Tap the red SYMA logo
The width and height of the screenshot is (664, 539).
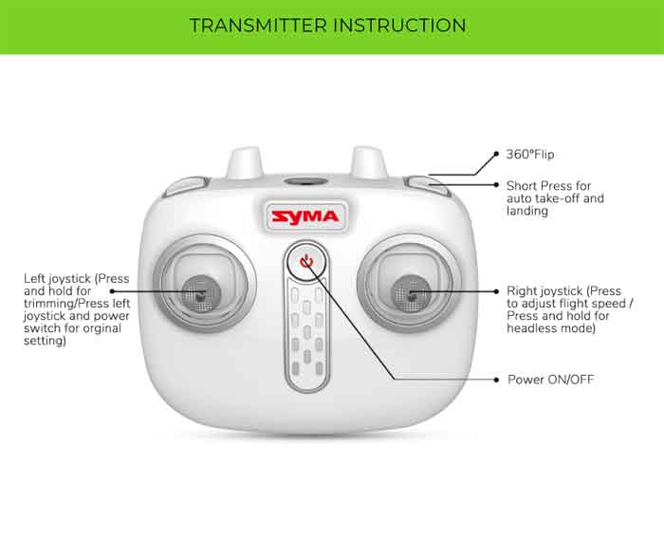[305, 216]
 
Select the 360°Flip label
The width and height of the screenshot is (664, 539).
[529, 154]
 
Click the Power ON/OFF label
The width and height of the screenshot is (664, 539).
[550, 380]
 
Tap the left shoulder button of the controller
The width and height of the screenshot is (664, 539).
[186, 187]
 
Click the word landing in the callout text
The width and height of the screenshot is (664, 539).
[526, 212]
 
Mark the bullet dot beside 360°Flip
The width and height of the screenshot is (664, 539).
[495, 154]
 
